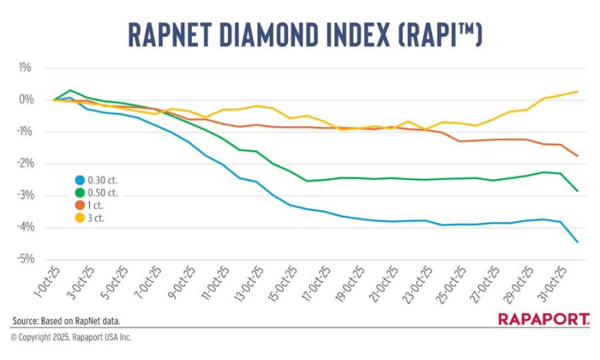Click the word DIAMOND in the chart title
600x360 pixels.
293,35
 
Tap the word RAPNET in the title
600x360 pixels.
170,35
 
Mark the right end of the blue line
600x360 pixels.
577,241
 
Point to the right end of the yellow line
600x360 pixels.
577,92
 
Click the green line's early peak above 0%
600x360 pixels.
70,90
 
